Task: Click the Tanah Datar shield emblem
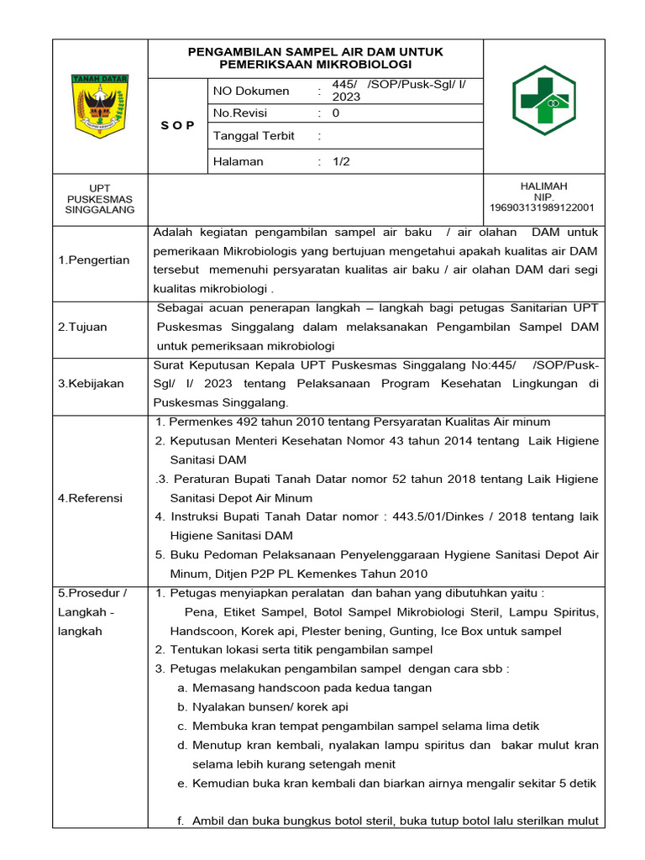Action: point(100,106)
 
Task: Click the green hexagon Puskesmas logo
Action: point(543,102)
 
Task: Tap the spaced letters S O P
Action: point(177,125)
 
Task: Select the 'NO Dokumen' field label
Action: point(250,91)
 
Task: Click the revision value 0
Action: point(336,113)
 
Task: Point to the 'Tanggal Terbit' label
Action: point(254,136)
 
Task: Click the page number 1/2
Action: point(341,161)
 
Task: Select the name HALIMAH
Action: point(543,186)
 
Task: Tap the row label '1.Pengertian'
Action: point(94,260)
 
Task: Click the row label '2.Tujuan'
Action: point(82,327)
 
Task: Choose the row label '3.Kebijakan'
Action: point(91,383)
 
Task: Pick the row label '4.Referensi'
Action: point(90,498)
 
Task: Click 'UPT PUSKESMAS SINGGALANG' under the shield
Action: point(100,198)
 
